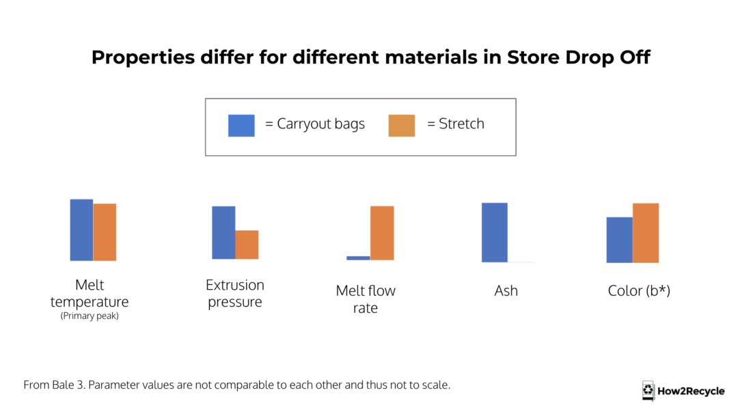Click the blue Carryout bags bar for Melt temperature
click(81, 230)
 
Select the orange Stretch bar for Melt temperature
click(105, 232)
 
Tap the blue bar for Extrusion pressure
click(223, 232)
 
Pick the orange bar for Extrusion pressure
click(247, 245)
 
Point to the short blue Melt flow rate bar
click(358, 258)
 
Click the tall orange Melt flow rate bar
click(382, 232)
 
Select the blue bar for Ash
click(494, 232)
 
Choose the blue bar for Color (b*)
click(619, 239)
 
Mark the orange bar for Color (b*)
click(645, 232)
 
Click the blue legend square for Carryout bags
click(241, 125)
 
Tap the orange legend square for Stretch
click(401, 125)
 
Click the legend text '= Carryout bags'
click(314, 124)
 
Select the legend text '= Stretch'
click(455, 124)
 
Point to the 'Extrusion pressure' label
click(235, 293)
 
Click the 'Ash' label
click(506, 291)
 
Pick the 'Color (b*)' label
click(639, 291)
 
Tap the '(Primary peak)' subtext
click(90, 316)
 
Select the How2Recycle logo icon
click(648, 391)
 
